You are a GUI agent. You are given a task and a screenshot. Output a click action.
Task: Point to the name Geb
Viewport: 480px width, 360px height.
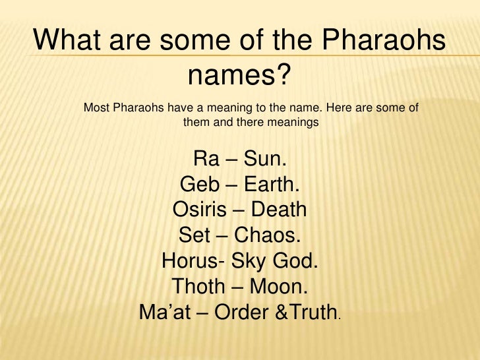pos(197,185)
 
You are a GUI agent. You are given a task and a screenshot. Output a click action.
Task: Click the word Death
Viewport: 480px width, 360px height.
pos(279,211)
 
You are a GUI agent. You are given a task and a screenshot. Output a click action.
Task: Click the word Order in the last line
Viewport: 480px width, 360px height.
pos(239,313)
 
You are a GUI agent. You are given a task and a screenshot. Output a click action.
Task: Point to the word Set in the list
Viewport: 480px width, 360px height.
pos(192,236)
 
